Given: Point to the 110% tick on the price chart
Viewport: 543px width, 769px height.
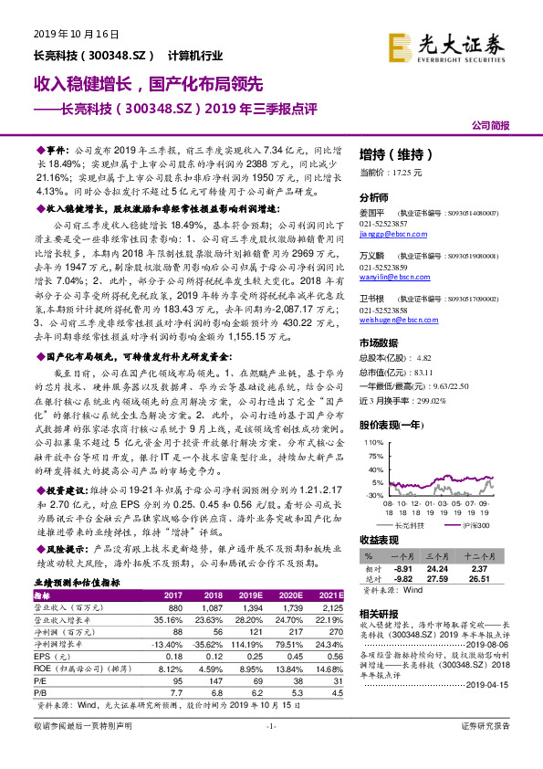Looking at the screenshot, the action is [372, 442].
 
